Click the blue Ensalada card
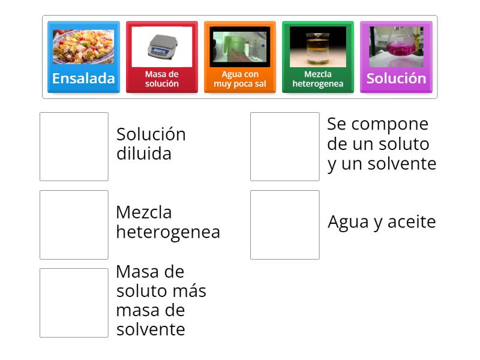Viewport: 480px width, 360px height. tap(83, 57)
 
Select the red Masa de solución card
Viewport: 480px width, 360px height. tap(161, 57)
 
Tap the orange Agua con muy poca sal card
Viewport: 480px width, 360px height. tap(239, 57)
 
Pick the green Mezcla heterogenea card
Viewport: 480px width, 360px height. tap(317, 57)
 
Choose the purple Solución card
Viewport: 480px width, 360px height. tap(396, 57)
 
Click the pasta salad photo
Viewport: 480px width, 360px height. tap(83, 47)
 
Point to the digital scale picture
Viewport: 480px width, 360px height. tap(161, 47)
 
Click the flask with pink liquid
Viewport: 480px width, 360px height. tap(396, 47)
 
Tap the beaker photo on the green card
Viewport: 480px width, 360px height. tap(317, 47)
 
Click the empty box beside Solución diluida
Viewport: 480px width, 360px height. tap(74, 146)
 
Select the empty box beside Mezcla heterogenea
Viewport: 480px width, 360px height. tap(74, 224)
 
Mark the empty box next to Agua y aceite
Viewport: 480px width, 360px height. tap(284, 224)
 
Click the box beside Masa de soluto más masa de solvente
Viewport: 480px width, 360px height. tap(74, 302)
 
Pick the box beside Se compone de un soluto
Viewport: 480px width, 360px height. tap(284, 146)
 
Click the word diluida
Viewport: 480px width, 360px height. tap(144, 154)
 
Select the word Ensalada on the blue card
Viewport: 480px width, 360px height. tap(83, 78)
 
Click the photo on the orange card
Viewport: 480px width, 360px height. tap(239, 47)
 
